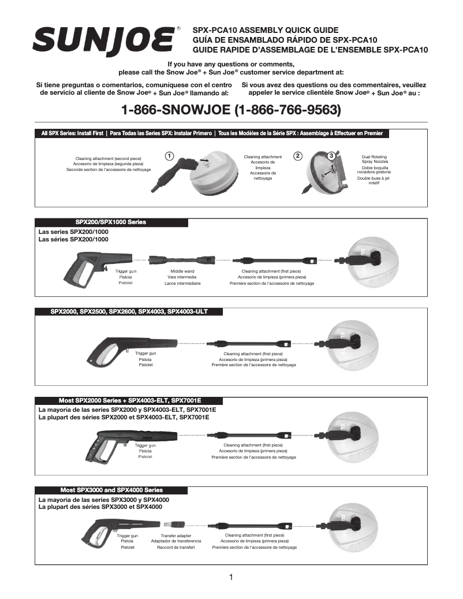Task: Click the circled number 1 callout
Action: [168, 155]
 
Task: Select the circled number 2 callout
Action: [297, 155]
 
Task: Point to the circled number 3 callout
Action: [331, 155]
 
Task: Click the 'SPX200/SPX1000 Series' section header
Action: [111, 222]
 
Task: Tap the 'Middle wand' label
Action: [182, 270]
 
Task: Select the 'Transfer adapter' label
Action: [176, 535]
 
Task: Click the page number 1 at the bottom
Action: [231, 577]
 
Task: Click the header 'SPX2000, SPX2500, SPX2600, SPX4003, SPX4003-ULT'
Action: [129, 311]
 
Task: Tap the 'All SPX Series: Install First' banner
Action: [73, 133]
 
